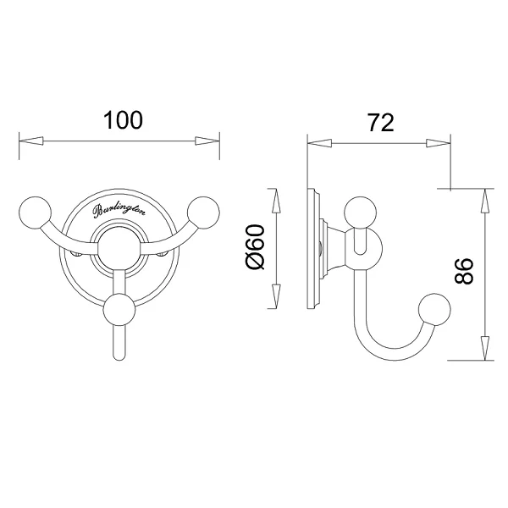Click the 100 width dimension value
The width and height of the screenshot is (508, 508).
click(x=123, y=120)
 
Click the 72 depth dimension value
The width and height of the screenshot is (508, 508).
click(x=381, y=123)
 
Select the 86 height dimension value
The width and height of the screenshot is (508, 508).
click(x=464, y=272)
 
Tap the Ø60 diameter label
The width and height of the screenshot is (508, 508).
click(x=256, y=247)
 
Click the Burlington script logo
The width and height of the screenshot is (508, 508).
click(x=119, y=211)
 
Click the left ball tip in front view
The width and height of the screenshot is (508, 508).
click(x=36, y=213)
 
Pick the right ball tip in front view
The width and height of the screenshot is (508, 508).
click(x=203, y=213)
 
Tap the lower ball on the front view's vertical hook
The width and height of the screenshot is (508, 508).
click(x=119, y=309)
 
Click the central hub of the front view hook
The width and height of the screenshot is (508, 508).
click(x=119, y=249)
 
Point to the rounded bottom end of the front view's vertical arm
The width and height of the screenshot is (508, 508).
click(x=119, y=356)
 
